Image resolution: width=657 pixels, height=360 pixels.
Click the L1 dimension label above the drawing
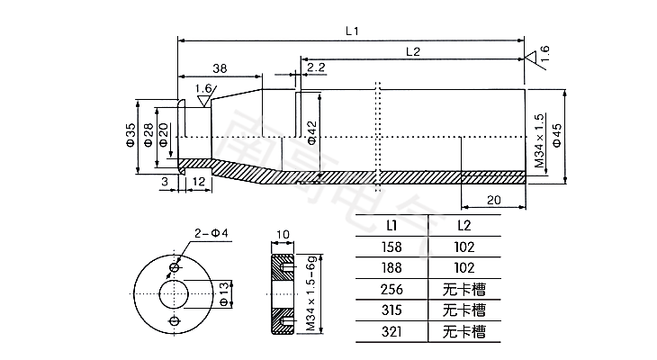[352, 31]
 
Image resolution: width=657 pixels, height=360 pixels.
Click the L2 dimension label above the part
[413, 51]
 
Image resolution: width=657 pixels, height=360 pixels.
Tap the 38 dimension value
[219, 68]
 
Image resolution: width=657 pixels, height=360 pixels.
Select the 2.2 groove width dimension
[316, 67]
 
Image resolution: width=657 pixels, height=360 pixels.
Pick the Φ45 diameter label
[557, 134]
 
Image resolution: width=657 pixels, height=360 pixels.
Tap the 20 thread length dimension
[492, 199]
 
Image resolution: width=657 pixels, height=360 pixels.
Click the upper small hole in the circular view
[175, 267]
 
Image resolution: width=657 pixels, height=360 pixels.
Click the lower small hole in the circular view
[175, 319]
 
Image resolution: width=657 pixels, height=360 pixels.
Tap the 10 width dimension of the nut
[282, 234]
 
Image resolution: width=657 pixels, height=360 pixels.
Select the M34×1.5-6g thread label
[309, 293]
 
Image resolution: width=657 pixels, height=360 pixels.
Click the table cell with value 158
[392, 245]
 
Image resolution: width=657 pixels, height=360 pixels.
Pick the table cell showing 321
[392, 331]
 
